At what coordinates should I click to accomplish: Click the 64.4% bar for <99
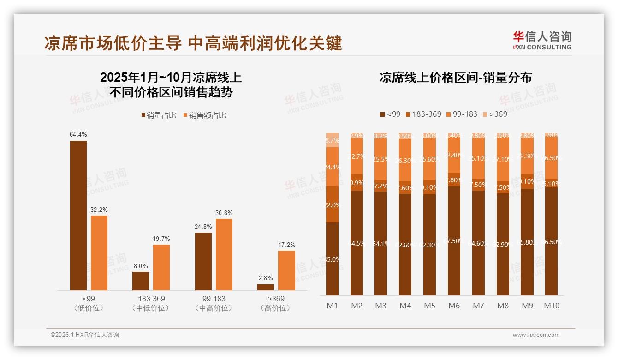pyautogui.click(x=78, y=216)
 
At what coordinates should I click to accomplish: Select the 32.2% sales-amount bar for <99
pyautogui.click(x=99, y=253)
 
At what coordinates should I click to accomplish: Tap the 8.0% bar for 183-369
pyautogui.click(x=141, y=281)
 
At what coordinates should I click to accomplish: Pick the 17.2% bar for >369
pyautogui.click(x=286, y=270)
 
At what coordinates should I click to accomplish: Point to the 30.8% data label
pyautogui.click(x=224, y=213)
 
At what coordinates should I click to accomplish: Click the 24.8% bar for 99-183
pyautogui.click(x=203, y=261)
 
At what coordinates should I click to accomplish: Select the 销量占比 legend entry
pyautogui.click(x=159, y=115)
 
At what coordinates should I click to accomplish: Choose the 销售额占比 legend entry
pyautogui.click(x=205, y=115)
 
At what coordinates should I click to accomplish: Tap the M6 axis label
pyautogui.click(x=454, y=306)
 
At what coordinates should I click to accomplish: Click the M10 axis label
pyautogui.click(x=551, y=306)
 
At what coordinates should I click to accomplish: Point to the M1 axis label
pyautogui.click(x=332, y=306)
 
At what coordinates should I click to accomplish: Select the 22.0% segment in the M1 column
pyautogui.click(x=332, y=204)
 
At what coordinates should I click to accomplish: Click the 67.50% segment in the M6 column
pyautogui.click(x=454, y=240)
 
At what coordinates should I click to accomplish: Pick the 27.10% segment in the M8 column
pyautogui.click(x=503, y=159)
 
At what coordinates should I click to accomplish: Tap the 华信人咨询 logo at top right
pyautogui.click(x=542, y=40)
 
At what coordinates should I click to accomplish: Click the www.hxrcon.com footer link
pyautogui.click(x=535, y=335)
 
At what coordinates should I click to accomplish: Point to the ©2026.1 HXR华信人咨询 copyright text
pyautogui.click(x=85, y=335)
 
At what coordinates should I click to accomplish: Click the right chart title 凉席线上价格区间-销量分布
pyautogui.click(x=455, y=78)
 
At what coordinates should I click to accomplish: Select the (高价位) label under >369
pyautogui.click(x=275, y=308)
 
